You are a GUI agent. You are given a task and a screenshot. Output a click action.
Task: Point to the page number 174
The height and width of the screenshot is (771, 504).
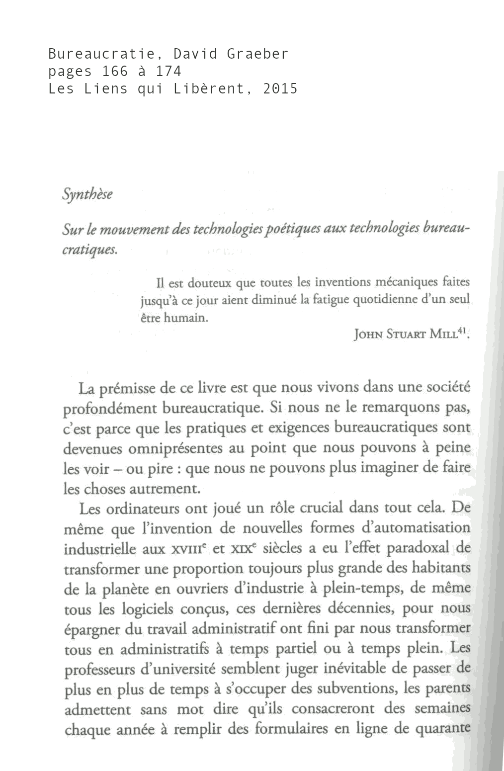pos(168,72)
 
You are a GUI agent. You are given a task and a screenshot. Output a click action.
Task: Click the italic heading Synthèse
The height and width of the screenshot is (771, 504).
pos(87,194)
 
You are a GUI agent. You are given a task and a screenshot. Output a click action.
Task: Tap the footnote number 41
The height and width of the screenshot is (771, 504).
pos(462,330)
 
